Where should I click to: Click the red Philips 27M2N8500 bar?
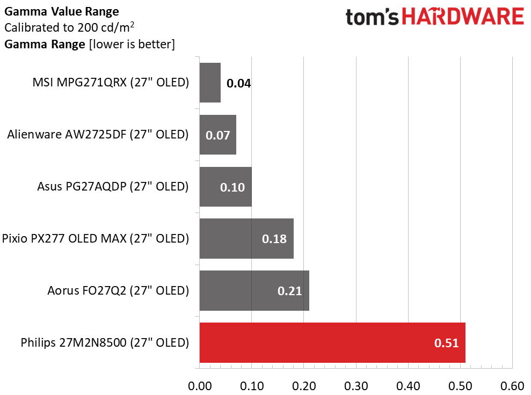coord(332,342)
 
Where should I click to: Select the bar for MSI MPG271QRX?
coord(210,83)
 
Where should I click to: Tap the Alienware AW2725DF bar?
coord(218,135)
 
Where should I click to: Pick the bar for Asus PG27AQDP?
coord(226,187)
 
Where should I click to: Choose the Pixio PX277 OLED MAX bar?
coord(246,239)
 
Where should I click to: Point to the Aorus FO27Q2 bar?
coord(254,290)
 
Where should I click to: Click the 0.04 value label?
coord(239,83)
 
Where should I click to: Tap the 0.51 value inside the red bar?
coord(446,343)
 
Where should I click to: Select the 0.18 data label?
coord(274,239)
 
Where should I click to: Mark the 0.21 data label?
coord(289,291)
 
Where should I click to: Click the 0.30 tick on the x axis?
coord(356,386)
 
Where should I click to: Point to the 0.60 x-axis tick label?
coord(512,386)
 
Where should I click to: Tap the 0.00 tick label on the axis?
coord(200,386)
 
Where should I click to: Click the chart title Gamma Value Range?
coord(62,11)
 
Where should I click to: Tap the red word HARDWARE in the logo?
coord(463,17)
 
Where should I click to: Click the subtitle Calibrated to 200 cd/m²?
coord(69,27)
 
